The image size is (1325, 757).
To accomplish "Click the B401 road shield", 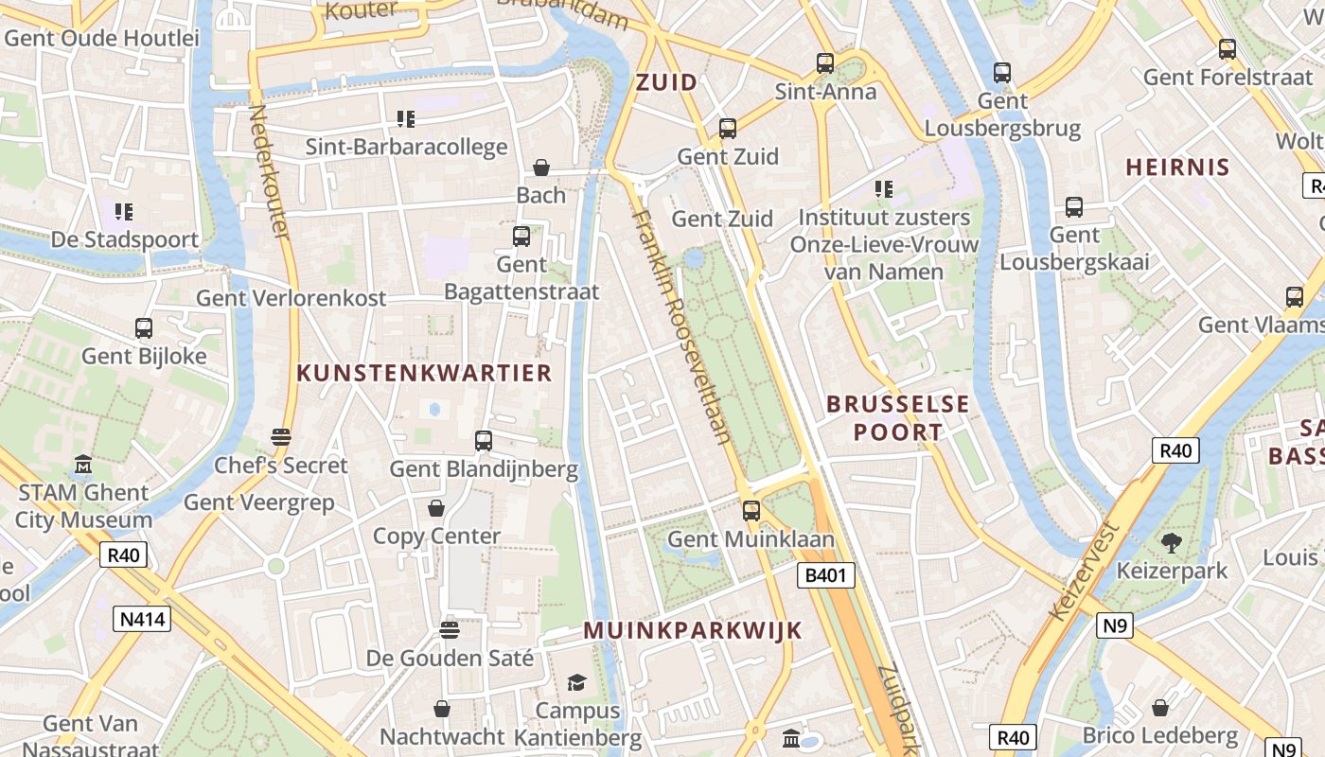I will click(826, 575).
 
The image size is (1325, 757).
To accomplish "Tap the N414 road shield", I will click(142, 620).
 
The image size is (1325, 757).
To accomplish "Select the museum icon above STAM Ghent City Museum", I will click(83, 465).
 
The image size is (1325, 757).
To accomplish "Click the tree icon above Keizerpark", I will click(1172, 543).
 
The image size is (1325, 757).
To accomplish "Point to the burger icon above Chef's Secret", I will click(280, 437).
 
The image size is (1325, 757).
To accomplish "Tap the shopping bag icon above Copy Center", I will click(436, 508).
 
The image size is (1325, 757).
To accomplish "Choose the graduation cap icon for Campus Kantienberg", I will click(576, 682).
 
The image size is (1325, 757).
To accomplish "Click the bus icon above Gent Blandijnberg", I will click(484, 441).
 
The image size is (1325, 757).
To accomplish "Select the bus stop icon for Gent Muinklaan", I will click(751, 511).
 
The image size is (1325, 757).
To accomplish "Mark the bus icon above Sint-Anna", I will click(825, 63).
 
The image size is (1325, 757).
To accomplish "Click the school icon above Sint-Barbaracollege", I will click(406, 119).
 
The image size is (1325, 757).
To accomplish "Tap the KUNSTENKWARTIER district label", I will click(424, 373).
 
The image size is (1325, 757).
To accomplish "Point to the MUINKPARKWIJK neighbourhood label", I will click(693, 630).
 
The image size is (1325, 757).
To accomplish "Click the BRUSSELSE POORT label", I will click(897, 418).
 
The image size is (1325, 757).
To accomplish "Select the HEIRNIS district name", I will click(1177, 167).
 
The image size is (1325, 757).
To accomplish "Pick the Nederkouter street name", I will click(268, 170).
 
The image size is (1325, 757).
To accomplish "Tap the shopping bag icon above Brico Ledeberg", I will click(1160, 708).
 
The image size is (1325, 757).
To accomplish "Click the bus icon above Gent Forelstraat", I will click(1228, 49).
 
